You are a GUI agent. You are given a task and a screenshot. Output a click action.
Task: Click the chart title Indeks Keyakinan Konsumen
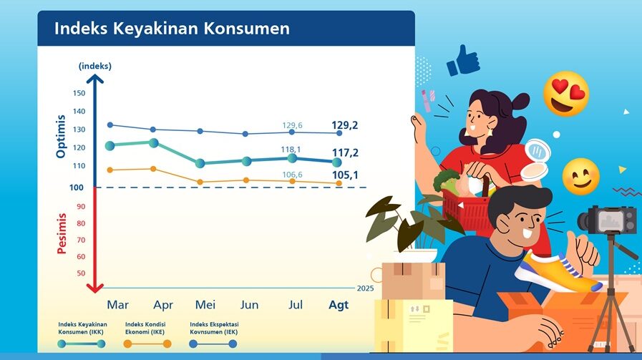coord(172,29)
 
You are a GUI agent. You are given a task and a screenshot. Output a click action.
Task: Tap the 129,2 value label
coord(345,125)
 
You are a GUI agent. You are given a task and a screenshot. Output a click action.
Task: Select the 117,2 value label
coord(345,153)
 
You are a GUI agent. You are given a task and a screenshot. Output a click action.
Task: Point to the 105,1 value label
coord(345,175)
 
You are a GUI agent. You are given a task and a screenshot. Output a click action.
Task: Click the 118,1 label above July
coord(291,150)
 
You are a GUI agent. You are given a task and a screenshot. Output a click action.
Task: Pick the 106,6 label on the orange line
coord(291,175)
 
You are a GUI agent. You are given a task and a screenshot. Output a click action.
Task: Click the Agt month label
coord(338,305)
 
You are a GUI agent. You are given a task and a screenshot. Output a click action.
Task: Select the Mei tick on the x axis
coord(205,305)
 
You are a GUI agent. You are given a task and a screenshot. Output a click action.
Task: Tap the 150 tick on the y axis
coord(79,93)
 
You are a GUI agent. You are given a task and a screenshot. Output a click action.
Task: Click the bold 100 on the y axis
coord(77,188)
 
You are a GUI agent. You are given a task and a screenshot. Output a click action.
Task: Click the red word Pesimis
coord(62,233)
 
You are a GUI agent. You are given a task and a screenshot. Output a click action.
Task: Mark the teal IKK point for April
coord(153,142)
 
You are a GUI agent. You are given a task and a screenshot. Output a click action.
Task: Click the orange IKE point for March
coord(110,170)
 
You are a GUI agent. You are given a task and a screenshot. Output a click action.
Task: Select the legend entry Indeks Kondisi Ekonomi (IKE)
coord(146,327)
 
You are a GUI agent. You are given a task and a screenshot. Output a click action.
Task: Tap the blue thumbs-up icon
coord(462,61)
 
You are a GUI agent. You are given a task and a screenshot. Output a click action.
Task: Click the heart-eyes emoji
coord(565,94)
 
